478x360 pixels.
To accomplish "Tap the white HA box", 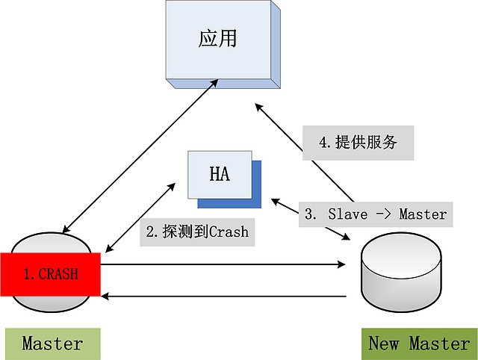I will (x=219, y=174).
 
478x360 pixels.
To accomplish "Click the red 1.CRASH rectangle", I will (x=51, y=274).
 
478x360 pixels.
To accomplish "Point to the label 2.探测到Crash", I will (x=196, y=232).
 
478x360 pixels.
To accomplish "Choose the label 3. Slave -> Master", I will (x=376, y=214).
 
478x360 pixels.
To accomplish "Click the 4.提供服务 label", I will (x=358, y=143).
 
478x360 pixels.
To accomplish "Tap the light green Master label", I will (x=52, y=344).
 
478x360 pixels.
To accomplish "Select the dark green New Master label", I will (x=419, y=344).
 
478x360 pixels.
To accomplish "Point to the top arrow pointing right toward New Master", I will (x=224, y=264).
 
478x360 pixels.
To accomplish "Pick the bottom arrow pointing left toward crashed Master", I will (x=224, y=297).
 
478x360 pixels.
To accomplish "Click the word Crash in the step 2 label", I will (x=228, y=232).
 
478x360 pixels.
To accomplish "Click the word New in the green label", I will (x=385, y=344).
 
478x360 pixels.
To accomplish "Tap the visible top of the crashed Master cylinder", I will (x=51, y=243).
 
